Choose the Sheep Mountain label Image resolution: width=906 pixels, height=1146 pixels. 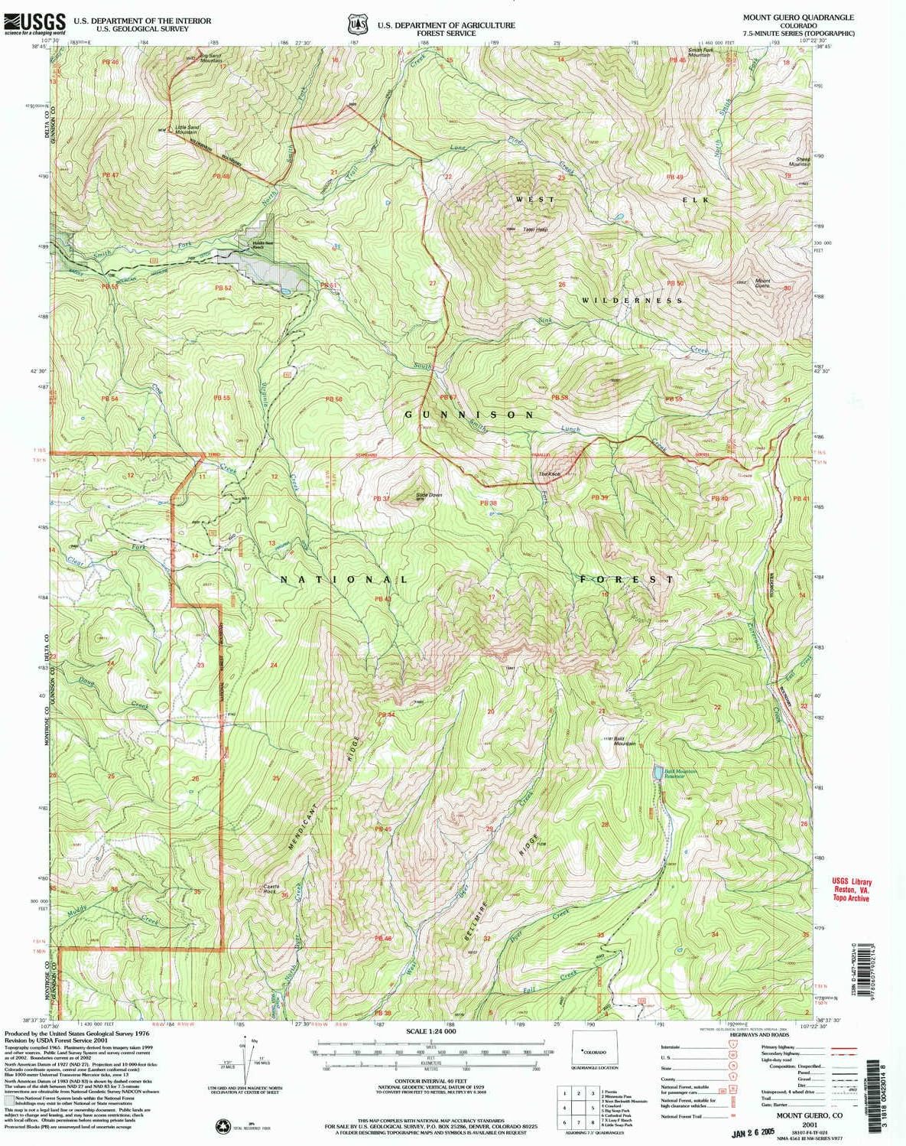(799, 161)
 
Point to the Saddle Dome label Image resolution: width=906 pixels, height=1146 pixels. (428, 495)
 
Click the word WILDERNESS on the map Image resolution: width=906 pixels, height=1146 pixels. (632, 301)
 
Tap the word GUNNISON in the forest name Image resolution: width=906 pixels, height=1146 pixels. (469, 414)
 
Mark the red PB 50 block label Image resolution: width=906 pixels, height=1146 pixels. (674, 283)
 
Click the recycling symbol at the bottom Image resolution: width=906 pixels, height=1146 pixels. (224, 1125)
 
